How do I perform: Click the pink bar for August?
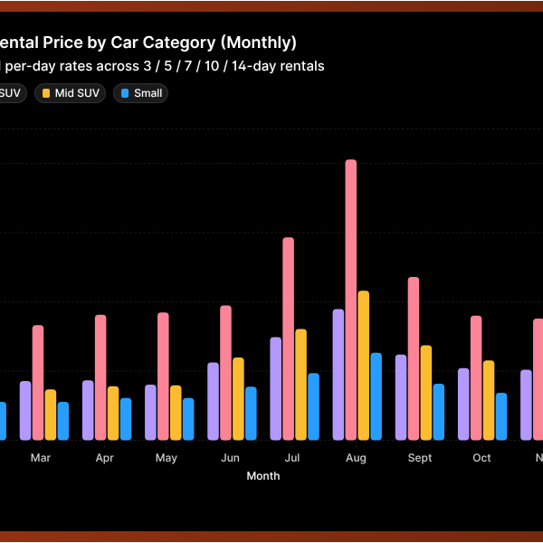click(351, 300)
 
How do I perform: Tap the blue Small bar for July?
click(313, 406)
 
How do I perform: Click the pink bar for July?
click(289, 338)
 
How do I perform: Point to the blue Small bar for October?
click(501, 416)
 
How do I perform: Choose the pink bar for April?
click(100, 377)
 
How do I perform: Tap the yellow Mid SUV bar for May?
click(176, 413)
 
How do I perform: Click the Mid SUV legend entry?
click(71, 93)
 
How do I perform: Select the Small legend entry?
click(141, 93)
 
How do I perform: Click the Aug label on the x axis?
click(356, 458)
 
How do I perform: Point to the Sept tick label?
click(420, 458)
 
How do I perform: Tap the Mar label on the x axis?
click(41, 458)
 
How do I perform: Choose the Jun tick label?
click(231, 458)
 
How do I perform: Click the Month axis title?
click(263, 476)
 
